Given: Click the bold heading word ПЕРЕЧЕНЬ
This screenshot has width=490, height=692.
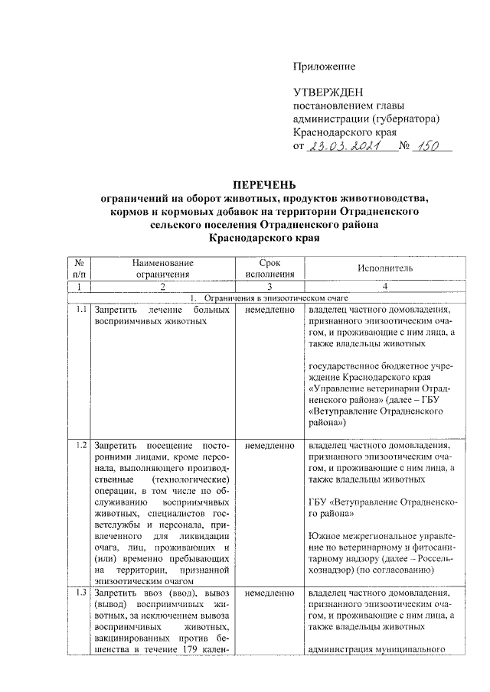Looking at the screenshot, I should click(x=263, y=184).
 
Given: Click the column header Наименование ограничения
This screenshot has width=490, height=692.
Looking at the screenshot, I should click(x=162, y=268).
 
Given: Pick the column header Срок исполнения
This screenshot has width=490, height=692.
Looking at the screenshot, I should click(x=270, y=268).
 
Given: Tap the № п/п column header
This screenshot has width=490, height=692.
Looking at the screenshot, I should click(x=80, y=268).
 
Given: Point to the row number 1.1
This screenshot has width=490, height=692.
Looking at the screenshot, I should click(x=80, y=310).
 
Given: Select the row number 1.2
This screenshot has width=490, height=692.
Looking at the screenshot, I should click(x=80, y=444).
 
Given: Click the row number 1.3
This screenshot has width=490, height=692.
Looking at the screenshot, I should click(x=80, y=593).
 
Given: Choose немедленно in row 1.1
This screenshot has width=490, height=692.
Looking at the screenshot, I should click(x=270, y=310).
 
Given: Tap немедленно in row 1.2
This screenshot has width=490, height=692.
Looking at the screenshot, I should click(x=270, y=444).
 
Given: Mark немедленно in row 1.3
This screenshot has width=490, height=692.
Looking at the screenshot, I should click(x=270, y=593).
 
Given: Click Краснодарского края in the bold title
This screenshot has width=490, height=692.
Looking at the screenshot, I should click(x=263, y=239).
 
